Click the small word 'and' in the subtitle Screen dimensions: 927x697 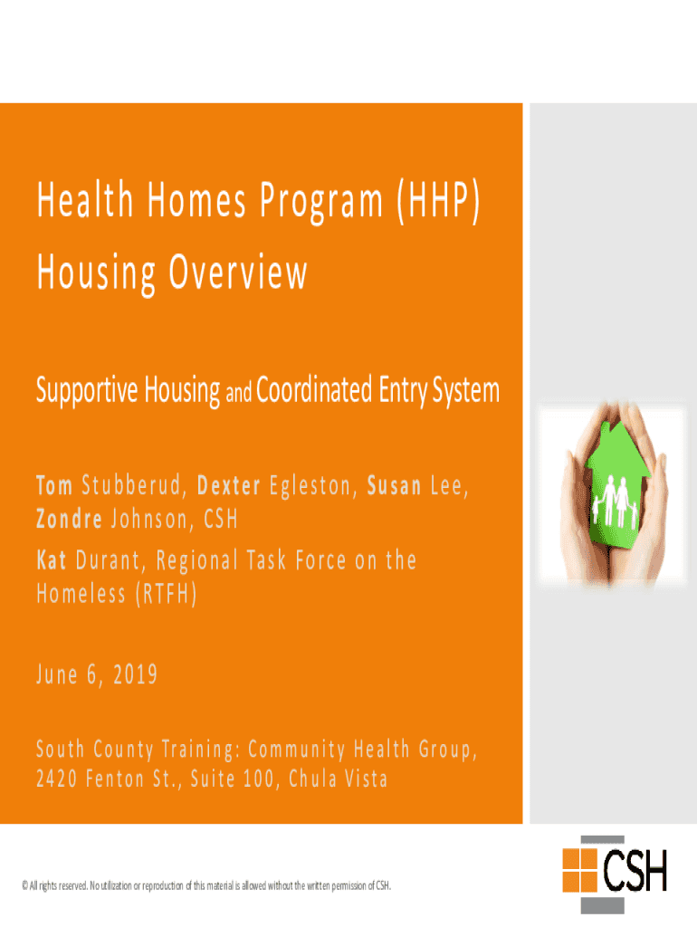[239, 395]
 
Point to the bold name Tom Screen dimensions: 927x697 [54, 486]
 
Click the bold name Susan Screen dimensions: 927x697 [394, 486]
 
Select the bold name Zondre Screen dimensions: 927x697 [69, 520]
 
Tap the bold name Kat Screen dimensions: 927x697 [52, 560]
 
